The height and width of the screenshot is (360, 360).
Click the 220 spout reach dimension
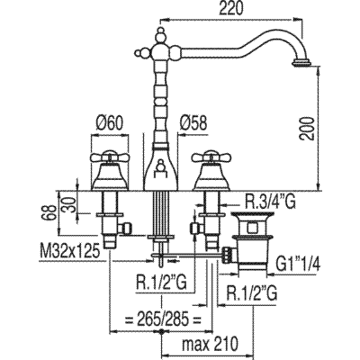point(230,10)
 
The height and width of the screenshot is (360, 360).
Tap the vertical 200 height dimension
point(306,128)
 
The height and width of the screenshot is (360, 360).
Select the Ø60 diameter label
point(110,122)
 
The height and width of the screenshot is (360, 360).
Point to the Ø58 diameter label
point(193,122)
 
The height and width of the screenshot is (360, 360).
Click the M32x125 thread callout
point(69,252)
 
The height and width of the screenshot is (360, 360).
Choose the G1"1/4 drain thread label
point(298,265)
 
